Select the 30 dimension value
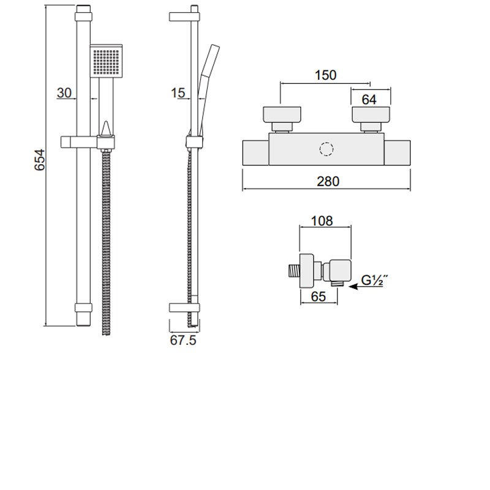64,93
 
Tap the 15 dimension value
178,93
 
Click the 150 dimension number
325,75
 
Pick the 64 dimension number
369,100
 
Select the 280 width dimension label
328,181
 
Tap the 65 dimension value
318,296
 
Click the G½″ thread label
372,281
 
